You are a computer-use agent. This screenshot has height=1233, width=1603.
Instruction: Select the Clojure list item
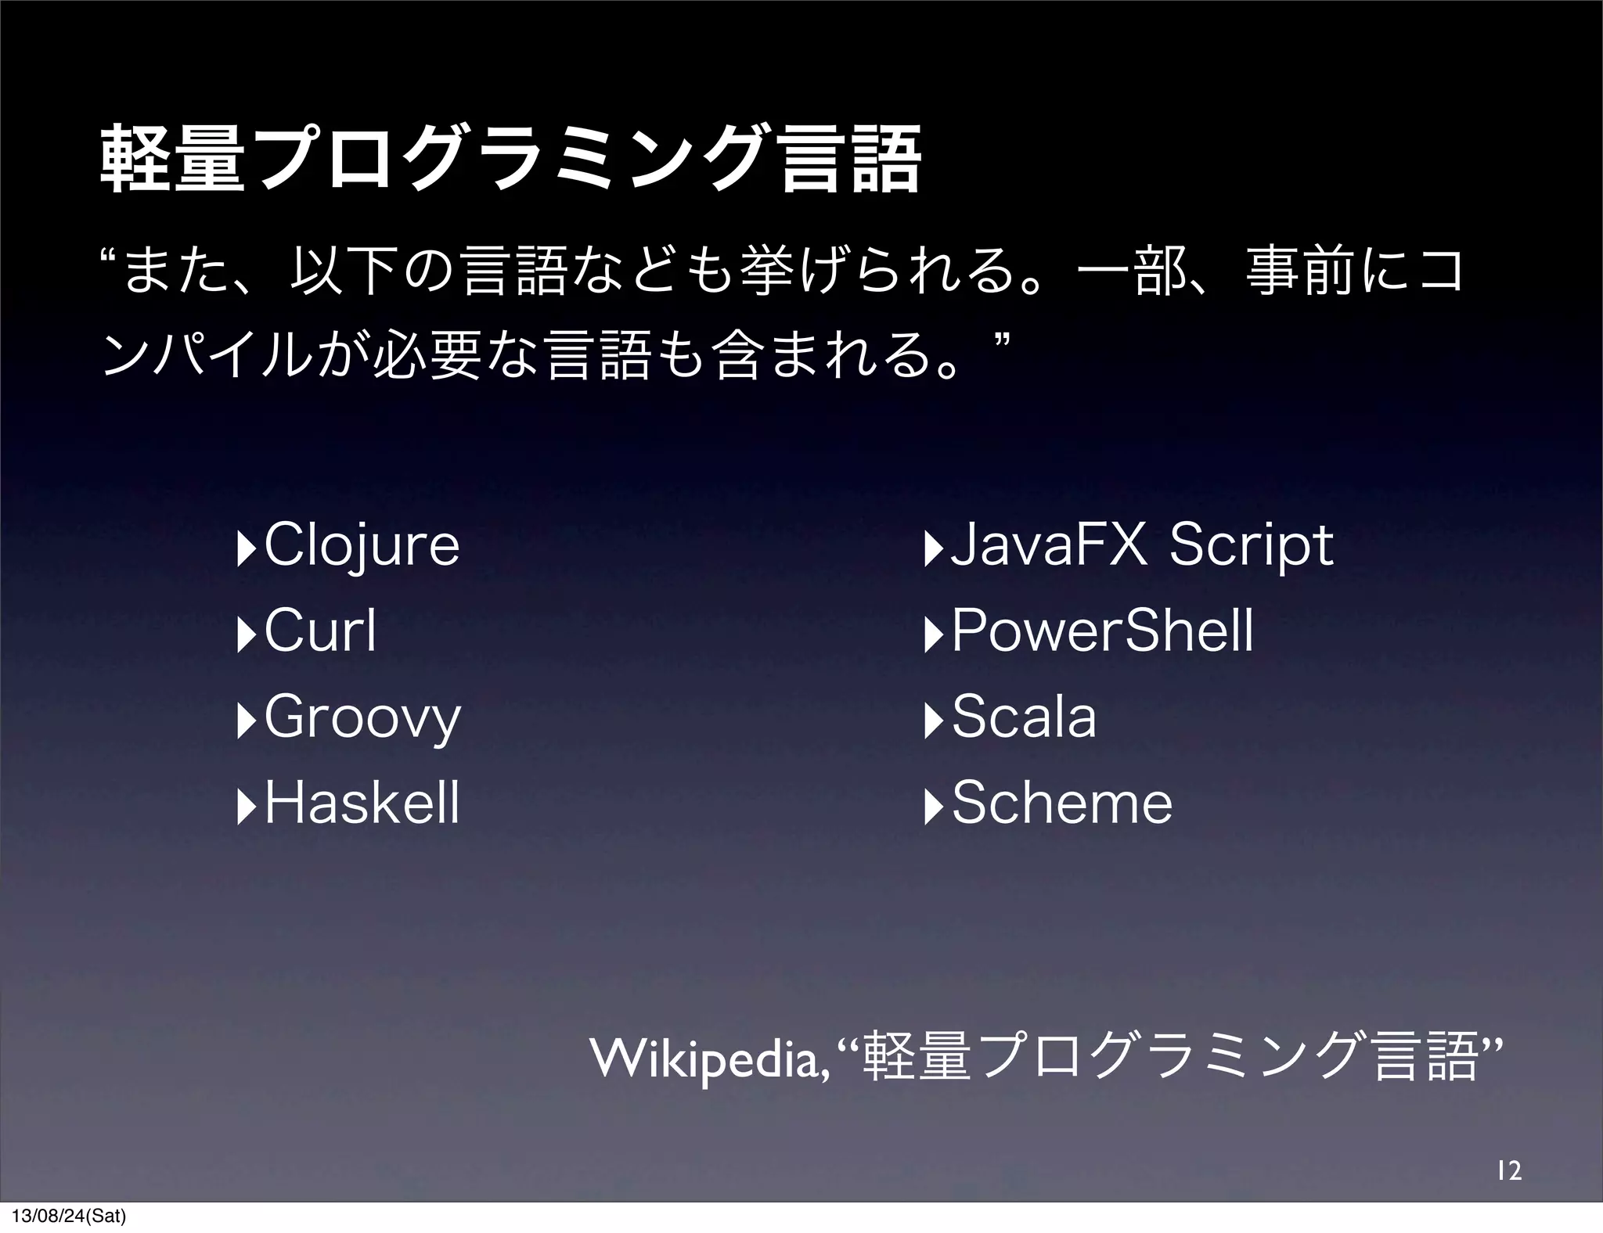362,546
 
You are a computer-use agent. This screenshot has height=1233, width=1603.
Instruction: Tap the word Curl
321,631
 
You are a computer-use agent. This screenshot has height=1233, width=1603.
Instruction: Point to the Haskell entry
362,803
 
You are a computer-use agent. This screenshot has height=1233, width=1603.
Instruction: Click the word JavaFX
1048,545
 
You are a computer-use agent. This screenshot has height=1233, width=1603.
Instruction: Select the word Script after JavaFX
1251,546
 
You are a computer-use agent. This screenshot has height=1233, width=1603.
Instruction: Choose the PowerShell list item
1102,631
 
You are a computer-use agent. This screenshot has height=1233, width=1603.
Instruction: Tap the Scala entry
1024,717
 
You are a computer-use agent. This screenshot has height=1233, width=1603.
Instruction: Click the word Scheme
1062,803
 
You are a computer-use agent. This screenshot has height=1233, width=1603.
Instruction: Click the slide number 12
1508,1170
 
